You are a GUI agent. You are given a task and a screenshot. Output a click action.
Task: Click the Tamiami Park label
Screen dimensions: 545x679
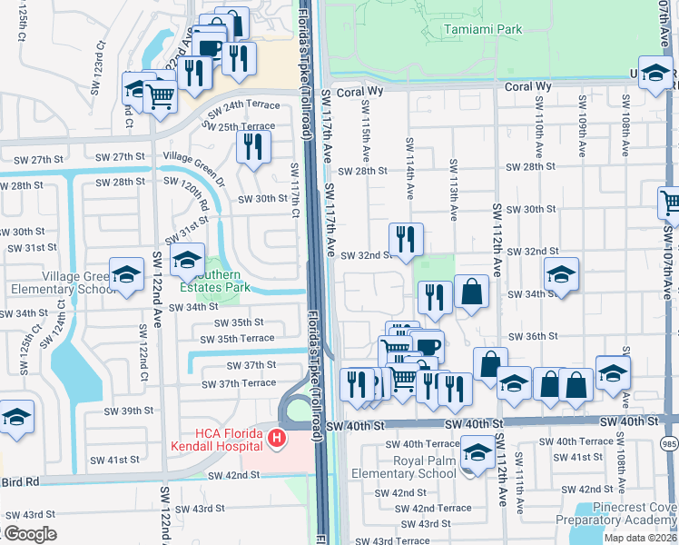(x=483, y=30)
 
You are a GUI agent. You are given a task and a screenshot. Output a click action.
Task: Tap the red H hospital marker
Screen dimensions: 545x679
(x=278, y=440)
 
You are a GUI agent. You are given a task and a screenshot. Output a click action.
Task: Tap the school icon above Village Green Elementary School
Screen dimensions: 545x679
(x=126, y=274)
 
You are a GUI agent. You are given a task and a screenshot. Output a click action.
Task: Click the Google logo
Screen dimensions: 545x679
(x=31, y=534)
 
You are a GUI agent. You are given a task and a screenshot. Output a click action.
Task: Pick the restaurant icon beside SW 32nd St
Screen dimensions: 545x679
(x=406, y=239)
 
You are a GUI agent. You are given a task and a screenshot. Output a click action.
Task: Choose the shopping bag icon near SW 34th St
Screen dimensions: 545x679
(x=471, y=292)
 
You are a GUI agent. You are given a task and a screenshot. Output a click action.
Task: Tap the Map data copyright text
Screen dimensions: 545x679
(x=641, y=538)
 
